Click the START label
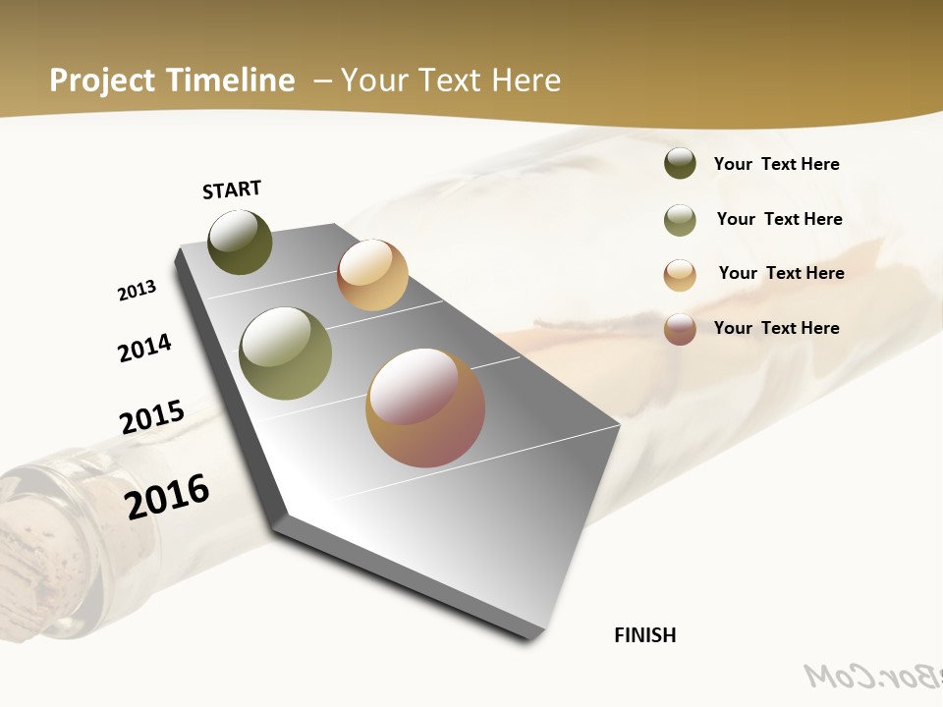(x=232, y=190)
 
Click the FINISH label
(x=644, y=635)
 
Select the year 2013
(x=137, y=291)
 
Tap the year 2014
(x=144, y=349)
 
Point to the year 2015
(x=152, y=417)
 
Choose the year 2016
(x=167, y=497)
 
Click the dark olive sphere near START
(x=240, y=243)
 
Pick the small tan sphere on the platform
(x=372, y=275)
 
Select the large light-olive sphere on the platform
(x=285, y=353)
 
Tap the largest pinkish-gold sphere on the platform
(x=425, y=408)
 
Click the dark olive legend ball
(x=680, y=164)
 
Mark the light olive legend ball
(x=680, y=220)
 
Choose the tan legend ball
(x=680, y=275)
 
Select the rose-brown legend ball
(x=680, y=329)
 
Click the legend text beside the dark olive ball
(x=776, y=165)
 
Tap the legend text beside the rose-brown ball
(x=776, y=328)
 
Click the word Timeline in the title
(x=232, y=81)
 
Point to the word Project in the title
(x=103, y=81)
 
